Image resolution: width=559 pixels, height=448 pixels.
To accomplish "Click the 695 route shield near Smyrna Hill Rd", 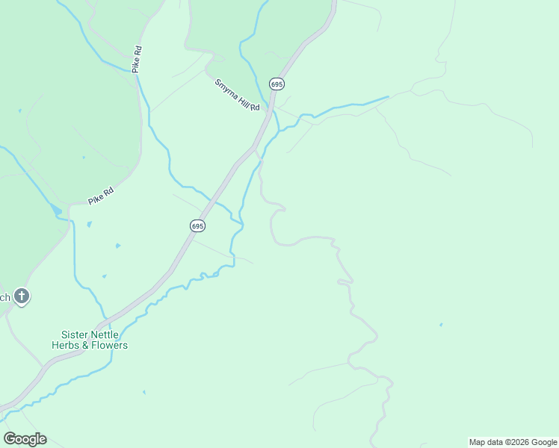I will (277, 84).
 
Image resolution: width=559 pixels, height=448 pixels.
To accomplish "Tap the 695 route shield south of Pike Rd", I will (197, 225).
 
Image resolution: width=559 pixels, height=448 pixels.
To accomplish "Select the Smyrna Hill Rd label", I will (237, 95).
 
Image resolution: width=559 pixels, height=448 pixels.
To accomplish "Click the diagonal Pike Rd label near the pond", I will (100, 196).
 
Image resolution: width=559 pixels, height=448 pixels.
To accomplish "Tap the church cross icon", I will (22, 296).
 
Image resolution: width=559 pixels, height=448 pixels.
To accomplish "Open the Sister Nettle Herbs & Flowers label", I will (90, 340).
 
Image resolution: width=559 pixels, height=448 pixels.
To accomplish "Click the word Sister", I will (75, 335).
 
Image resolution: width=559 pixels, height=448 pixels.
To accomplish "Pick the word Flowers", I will (109, 346).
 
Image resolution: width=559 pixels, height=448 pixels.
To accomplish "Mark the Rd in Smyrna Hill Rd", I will (254, 108).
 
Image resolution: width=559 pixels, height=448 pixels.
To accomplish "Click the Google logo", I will (25, 438).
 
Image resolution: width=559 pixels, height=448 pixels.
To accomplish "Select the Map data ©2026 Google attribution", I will (512, 442).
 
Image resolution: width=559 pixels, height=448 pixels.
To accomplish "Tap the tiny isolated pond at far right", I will (441, 325).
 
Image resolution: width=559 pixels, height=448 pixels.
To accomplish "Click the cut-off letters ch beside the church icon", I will (4, 297).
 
